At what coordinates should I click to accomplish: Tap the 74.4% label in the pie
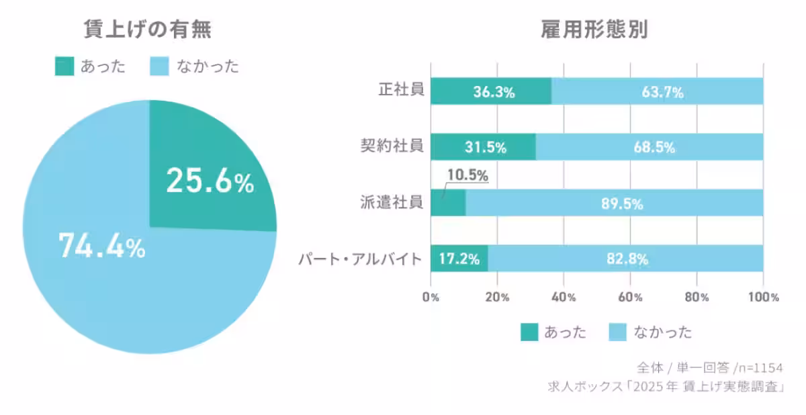coord(101,246)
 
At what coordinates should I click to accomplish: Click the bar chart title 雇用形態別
coord(594,30)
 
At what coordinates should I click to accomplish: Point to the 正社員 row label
coord(400,91)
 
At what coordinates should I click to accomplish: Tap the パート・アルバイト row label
coord(361,259)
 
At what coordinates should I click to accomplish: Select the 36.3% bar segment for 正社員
coord(491,91)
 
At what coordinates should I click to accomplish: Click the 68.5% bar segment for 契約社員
coord(649,147)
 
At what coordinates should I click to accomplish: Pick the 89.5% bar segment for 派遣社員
coord(615,203)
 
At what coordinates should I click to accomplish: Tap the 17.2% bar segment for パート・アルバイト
coord(459,259)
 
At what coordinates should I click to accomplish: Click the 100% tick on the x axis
coord(763,297)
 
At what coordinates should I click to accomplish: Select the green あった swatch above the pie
coord(64,66)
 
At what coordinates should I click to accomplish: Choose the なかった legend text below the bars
coord(662,332)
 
